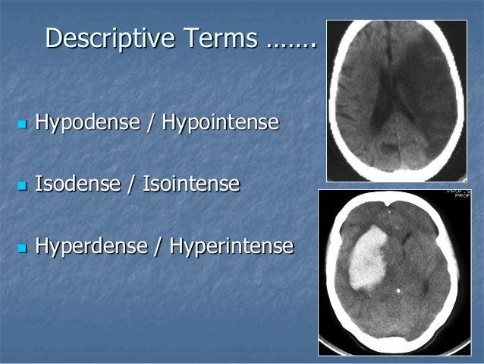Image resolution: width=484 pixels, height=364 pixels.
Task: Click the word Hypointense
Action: tap(218, 122)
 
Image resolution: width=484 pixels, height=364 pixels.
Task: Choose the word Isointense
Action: tap(191, 184)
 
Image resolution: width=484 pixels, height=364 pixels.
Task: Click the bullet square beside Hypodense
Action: tap(20, 122)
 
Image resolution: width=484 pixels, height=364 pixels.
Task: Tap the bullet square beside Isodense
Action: tap(20, 185)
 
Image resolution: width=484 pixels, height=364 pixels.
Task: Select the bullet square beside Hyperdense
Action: tap(20, 248)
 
